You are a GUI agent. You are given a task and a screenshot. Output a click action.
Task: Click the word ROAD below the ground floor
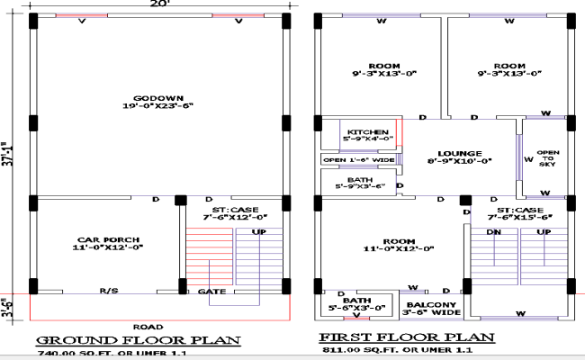148,326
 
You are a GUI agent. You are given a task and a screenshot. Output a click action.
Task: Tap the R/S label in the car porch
108,291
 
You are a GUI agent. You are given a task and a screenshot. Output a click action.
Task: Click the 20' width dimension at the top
159,5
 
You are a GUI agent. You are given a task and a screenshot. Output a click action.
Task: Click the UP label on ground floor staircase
258,232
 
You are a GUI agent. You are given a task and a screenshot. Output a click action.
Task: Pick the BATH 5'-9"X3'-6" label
360,183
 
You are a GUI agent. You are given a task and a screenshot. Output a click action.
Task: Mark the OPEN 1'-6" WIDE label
359,160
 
